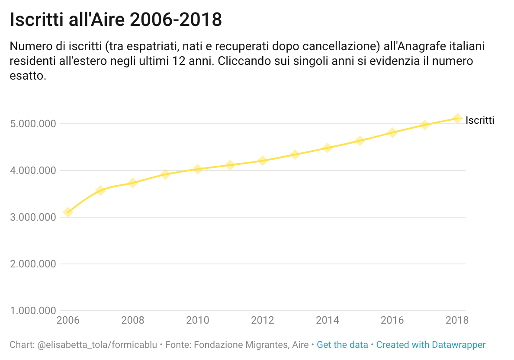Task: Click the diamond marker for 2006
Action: (x=68, y=212)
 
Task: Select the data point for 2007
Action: (x=100, y=190)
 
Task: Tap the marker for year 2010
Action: (x=198, y=169)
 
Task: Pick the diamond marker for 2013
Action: (x=295, y=154)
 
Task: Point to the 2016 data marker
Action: (x=392, y=132)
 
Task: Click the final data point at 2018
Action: (x=457, y=118)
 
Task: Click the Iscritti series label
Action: (x=480, y=120)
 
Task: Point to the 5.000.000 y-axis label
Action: (x=33, y=124)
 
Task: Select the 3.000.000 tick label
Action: (x=33, y=217)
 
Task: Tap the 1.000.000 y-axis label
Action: (x=33, y=311)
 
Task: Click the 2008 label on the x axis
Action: (x=133, y=321)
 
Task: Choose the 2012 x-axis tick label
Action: (x=263, y=321)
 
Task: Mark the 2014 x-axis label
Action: (x=328, y=321)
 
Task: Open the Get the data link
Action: (x=342, y=345)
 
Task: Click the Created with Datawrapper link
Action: (x=431, y=345)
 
